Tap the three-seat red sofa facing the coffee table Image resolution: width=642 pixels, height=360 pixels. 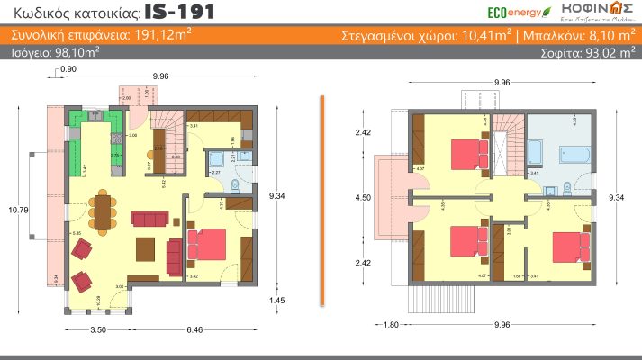149,219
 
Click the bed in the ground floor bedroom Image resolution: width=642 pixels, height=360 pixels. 207,245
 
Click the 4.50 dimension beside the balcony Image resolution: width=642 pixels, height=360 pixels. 364,197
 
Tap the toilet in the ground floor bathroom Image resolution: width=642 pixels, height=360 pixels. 232,186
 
